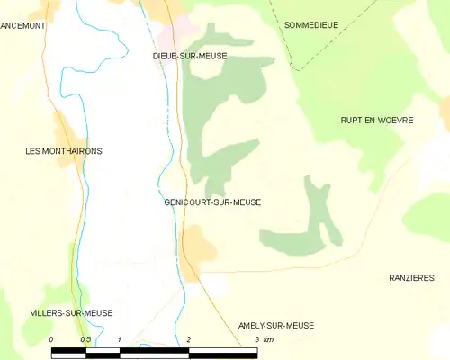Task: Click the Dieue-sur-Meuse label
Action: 190,56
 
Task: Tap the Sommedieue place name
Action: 310,25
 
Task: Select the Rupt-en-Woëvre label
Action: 376,120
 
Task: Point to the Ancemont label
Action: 22,26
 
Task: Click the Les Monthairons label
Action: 64,151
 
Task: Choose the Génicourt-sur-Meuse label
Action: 212,202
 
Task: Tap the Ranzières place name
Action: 411,277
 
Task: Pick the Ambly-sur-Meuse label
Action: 276,325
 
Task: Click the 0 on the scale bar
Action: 52,339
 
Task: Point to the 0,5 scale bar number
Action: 85,339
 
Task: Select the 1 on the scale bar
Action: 120,339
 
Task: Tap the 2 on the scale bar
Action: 188,339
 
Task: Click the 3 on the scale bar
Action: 256,339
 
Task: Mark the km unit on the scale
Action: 267,339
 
